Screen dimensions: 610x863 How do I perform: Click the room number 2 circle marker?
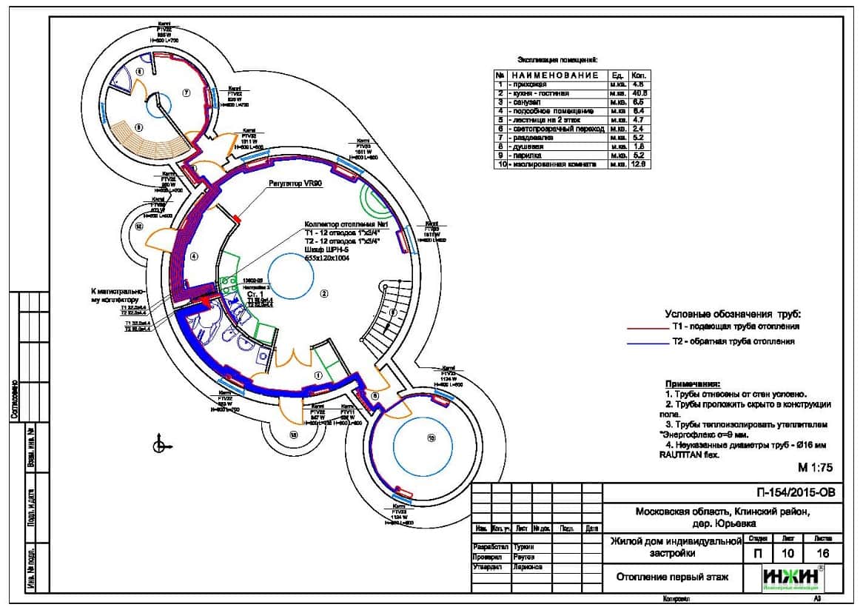pyautogui.click(x=323, y=294)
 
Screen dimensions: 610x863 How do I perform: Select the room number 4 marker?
pyautogui.click(x=193, y=256)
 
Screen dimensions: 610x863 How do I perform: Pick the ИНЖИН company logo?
pyautogui.click(x=793, y=577)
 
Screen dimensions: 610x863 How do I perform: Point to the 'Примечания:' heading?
pyautogui.click(x=692, y=384)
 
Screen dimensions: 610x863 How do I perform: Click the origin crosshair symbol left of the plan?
pyautogui.click(x=158, y=445)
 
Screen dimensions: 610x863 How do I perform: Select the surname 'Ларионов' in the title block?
pyautogui.click(x=527, y=567)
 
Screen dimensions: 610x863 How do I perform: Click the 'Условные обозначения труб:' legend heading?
pyautogui.click(x=733, y=314)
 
